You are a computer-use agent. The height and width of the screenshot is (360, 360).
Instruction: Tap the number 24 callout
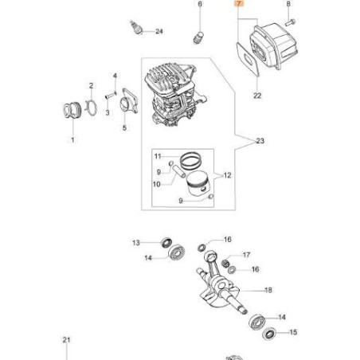(x=158, y=32)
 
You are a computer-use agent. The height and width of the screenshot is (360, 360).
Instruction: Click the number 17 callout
(x=246, y=255)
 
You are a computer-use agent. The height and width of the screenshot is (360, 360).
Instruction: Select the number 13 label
(x=135, y=242)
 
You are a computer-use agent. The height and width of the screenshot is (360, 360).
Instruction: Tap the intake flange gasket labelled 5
(x=124, y=104)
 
